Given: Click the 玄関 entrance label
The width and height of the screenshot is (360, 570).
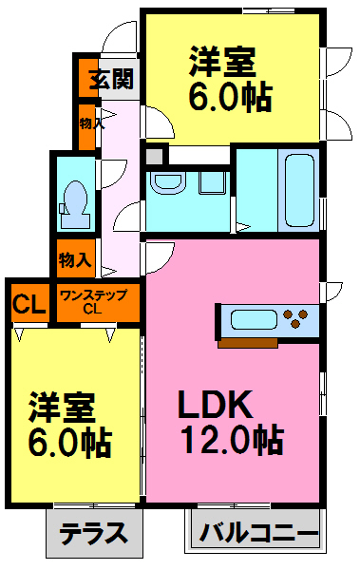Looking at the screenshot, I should coord(111,80).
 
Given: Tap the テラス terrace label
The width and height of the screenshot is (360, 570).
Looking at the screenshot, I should coord(93,533).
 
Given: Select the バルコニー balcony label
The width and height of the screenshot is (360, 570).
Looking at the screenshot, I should coord(258,533).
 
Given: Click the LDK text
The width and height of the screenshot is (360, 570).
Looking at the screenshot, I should coord(215,407).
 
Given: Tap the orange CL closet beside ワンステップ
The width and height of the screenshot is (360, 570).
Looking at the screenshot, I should coord(29,305).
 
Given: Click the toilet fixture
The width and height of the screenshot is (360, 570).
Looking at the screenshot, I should coord(74,200).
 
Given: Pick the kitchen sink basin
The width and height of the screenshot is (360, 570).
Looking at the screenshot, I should coord(250,319).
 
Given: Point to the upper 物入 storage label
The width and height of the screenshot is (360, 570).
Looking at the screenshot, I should coord(87,123).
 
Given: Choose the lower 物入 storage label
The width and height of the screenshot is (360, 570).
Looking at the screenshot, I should coord(76,258).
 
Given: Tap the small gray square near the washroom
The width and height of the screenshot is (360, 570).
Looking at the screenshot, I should coord(154,155).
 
